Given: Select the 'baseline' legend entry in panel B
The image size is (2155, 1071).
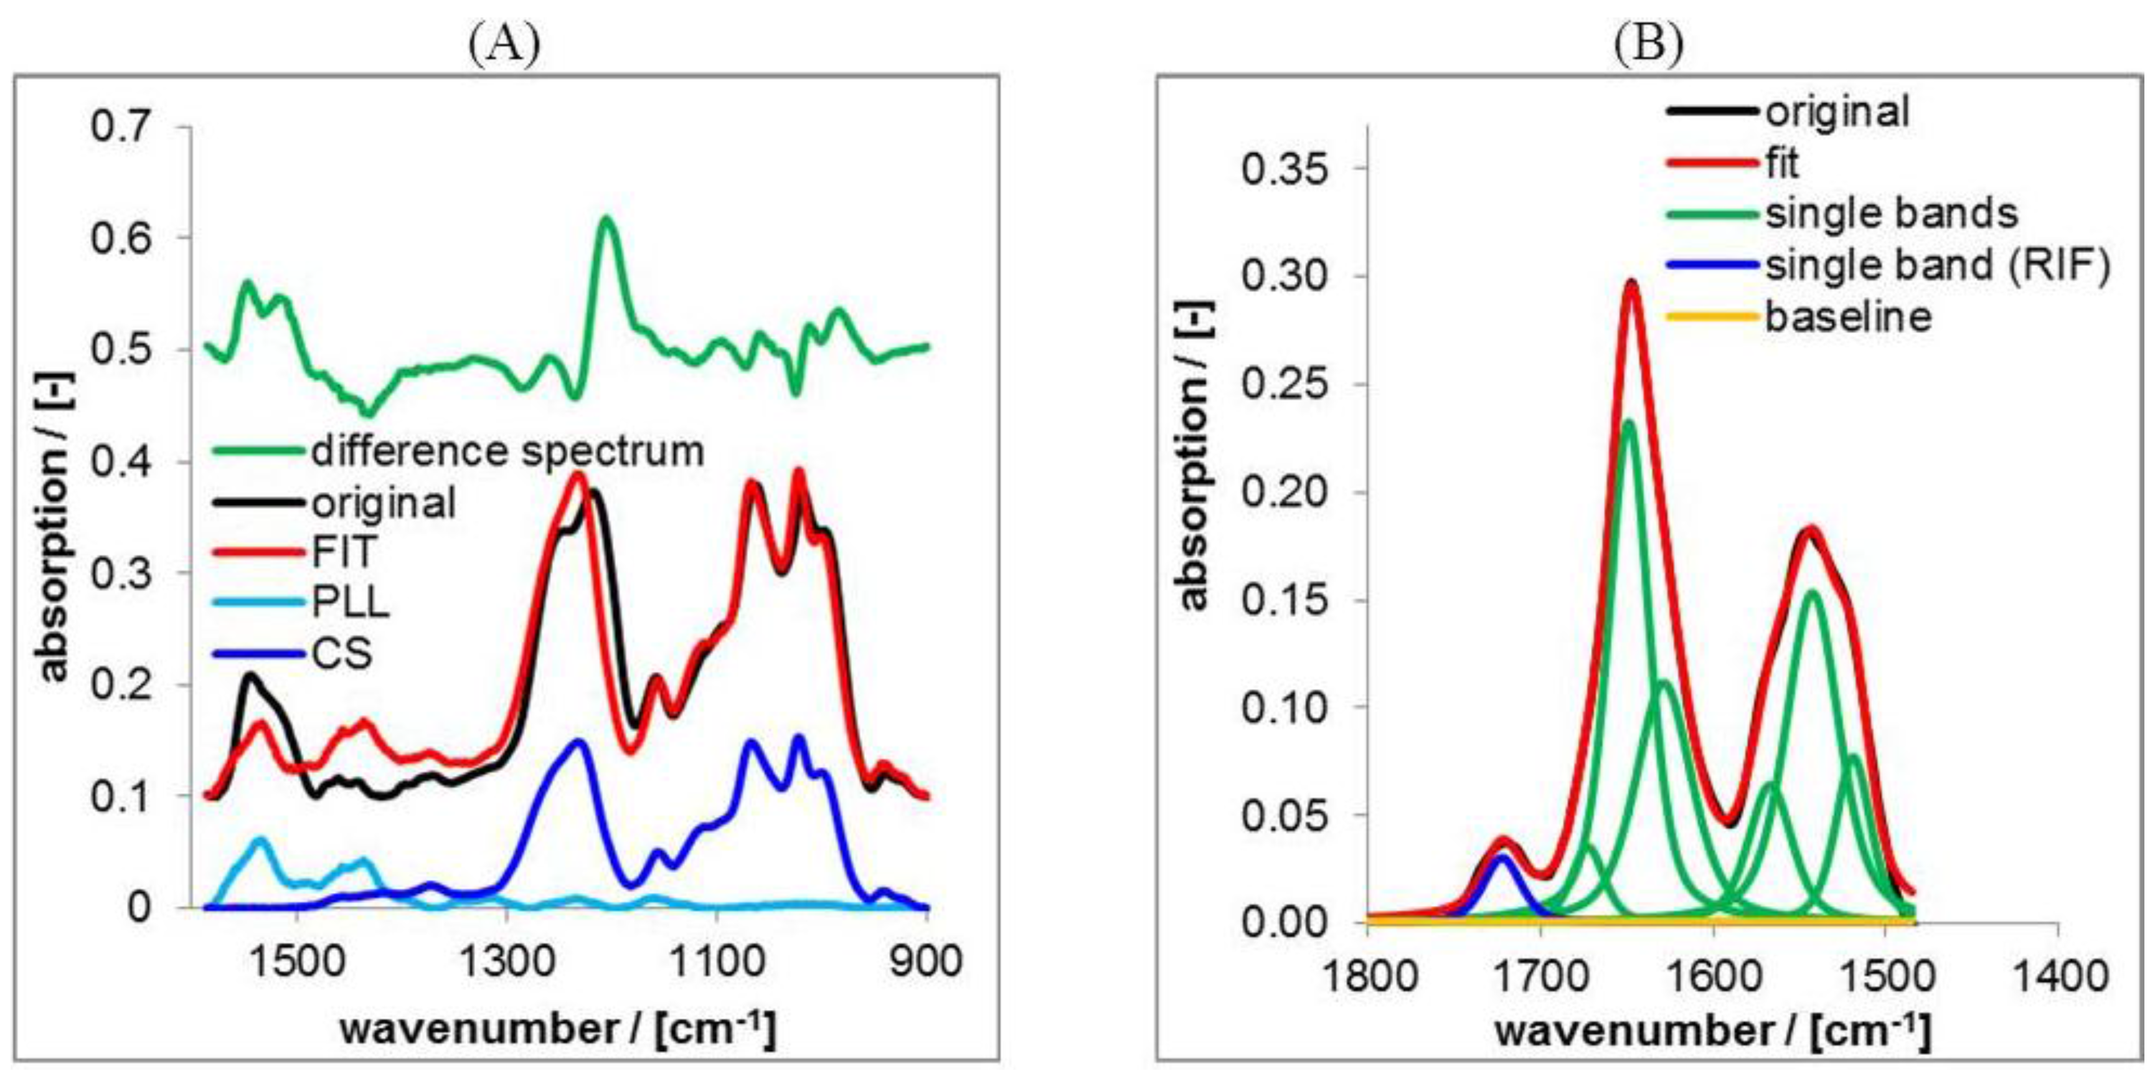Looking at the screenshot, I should click(x=1848, y=316).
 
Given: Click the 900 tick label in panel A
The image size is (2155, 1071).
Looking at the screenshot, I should click(x=925, y=962).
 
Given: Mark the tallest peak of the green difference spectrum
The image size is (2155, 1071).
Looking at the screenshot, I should click(x=606, y=219).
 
